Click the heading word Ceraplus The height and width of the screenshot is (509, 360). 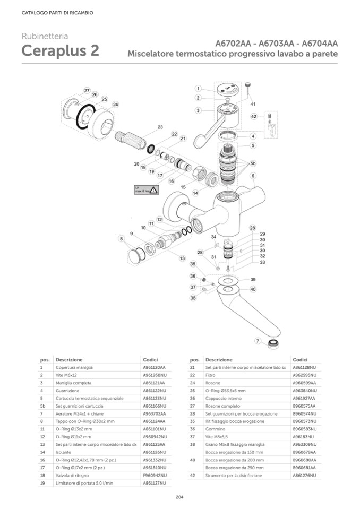pyautogui.click(x=55, y=52)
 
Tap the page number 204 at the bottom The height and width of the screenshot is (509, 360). pyautogui.click(x=179, y=497)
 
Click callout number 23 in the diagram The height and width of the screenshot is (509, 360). pyautogui.click(x=160, y=127)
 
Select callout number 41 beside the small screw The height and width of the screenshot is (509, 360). pyautogui.click(x=253, y=104)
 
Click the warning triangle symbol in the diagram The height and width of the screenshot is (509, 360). pyautogui.click(x=153, y=189)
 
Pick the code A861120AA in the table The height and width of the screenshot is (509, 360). pyautogui.click(x=155, y=367)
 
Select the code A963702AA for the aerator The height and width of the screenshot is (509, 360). pyautogui.click(x=155, y=413)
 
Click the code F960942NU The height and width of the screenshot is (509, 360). pyautogui.click(x=155, y=476)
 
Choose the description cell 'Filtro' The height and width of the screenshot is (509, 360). pyautogui.click(x=211, y=375)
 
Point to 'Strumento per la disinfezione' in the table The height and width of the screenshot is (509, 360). pyautogui.click(x=233, y=476)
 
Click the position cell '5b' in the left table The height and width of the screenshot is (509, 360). pyautogui.click(x=42, y=406)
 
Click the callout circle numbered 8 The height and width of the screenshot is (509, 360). pyautogui.click(x=122, y=239)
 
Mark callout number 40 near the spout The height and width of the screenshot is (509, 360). pyautogui.click(x=253, y=289)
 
